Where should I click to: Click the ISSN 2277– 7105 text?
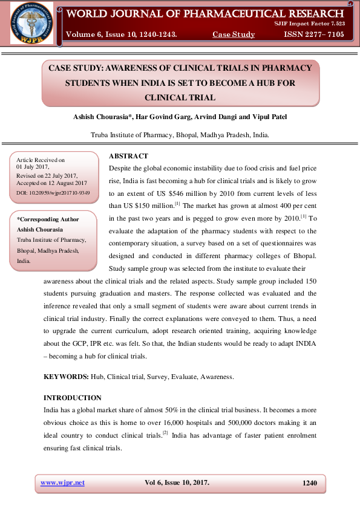click(x=313, y=34)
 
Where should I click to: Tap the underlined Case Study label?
click(x=234, y=34)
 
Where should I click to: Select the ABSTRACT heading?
click(x=128, y=155)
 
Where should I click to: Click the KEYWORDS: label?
click(x=66, y=377)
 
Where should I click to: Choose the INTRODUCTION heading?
click(x=73, y=398)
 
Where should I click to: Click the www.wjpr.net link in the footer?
click(x=62, y=482)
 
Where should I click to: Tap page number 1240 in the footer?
click(x=309, y=482)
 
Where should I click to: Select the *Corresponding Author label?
click(x=48, y=219)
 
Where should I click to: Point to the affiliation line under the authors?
click(x=180, y=135)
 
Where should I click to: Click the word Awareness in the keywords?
click(x=217, y=377)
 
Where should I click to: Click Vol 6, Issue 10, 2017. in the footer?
click(x=177, y=482)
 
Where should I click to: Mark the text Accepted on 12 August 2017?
click(x=52, y=183)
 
